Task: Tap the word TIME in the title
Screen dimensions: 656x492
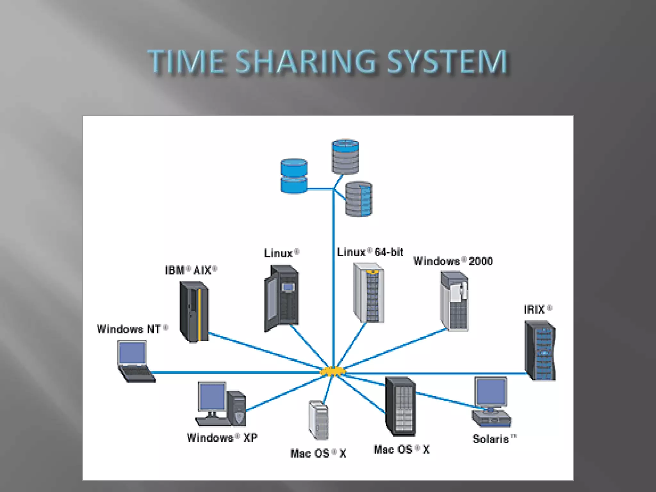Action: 186,61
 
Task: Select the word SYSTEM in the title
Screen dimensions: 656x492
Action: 447,61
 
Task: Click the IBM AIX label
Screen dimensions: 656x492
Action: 191,270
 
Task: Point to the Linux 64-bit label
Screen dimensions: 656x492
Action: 370,252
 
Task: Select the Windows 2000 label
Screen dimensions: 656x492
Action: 453,261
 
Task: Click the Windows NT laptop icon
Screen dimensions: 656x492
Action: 135,361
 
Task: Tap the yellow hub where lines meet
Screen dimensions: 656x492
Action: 333,372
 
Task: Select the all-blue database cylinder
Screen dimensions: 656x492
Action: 294,176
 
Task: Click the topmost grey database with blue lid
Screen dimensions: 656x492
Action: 345,157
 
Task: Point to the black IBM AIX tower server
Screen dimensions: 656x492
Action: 194,311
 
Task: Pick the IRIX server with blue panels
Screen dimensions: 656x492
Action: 540,350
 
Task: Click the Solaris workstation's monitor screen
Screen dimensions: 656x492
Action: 491,391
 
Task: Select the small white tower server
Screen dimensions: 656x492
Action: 318,420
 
